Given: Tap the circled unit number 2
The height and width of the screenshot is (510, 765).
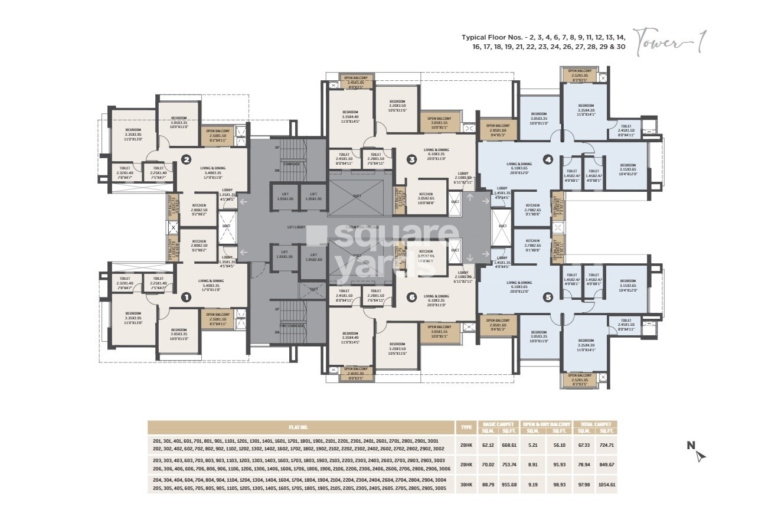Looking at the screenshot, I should pyautogui.click(x=186, y=159).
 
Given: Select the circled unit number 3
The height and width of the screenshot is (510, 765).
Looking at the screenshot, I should pyautogui.click(x=412, y=159).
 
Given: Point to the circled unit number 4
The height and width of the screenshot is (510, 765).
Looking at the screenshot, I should pyautogui.click(x=548, y=159).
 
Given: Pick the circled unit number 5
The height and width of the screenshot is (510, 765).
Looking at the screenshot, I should pyautogui.click(x=548, y=297).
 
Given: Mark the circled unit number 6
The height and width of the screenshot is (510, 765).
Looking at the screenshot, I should pyautogui.click(x=412, y=297).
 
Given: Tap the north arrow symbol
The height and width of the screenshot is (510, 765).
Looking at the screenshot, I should pyautogui.click(x=699, y=455).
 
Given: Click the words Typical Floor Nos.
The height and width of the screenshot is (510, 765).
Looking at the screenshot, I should pyautogui.click(x=498, y=37).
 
